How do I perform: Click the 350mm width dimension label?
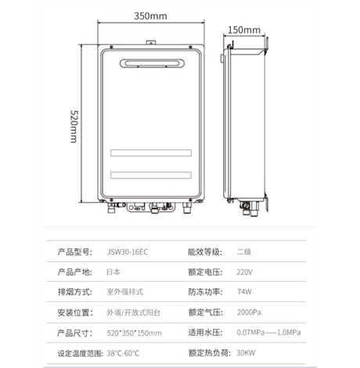(x=150, y=16)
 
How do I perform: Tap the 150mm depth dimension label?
(x=244, y=30)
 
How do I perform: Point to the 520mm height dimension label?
(x=74, y=126)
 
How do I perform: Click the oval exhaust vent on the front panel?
(x=152, y=63)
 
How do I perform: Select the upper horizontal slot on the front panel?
(x=151, y=153)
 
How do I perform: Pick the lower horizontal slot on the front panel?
(x=151, y=175)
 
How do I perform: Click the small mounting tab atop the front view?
(x=151, y=42)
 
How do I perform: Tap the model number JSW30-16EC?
(x=128, y=252)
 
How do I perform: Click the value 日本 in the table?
(x=113, y=272)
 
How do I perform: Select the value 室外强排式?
(x=125, y=292)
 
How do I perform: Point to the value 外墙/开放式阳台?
(x=133, y=312)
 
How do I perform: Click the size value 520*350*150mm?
(x=134, y=333)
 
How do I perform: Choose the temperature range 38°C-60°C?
(x=123, y=353)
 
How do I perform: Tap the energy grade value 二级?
(x=244, y=252)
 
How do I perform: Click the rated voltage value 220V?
(x=244, y=272)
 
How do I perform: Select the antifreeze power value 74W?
(x=244, y=292)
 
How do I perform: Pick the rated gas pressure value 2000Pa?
(x=249, y=312)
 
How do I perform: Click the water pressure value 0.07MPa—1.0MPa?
(x=268, y=333)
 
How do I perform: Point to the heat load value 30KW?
(x=246, y=353)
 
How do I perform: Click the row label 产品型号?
(x=75, y=252)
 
